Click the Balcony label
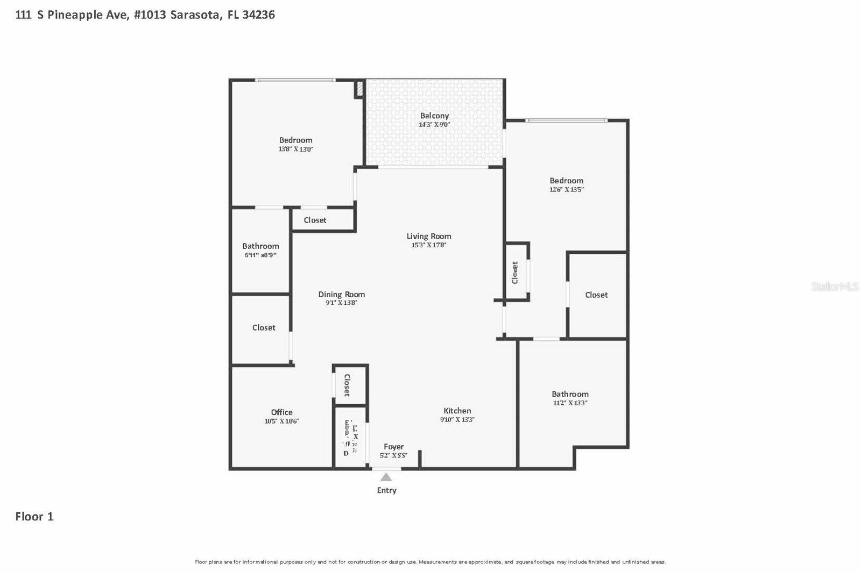434,116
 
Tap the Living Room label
429,236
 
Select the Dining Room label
341,294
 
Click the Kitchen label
457,411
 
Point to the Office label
281,412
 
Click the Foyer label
393,447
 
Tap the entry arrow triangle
386,477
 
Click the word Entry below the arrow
386,490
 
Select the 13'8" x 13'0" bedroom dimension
295,149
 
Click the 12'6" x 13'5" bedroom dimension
566,190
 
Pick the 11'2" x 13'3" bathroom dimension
570,403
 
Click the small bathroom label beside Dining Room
260,246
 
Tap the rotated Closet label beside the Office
347,385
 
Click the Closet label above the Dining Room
315,220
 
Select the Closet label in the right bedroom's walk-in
596,295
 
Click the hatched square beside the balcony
360,89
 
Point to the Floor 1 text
34,517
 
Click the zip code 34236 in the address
258,15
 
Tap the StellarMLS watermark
835,286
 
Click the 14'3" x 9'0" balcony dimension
434,125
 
